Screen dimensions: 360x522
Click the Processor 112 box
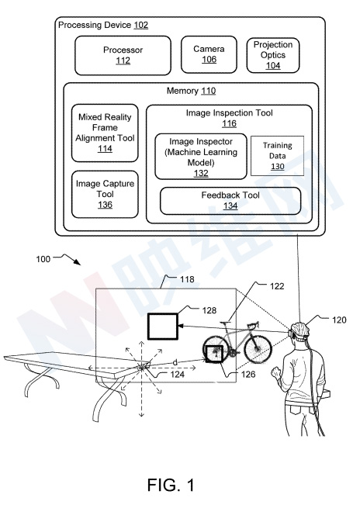(123, 56)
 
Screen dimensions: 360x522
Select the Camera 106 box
(209, 54)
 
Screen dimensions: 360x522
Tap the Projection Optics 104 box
(273, 55)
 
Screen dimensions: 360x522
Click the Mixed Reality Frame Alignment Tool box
(105, 133)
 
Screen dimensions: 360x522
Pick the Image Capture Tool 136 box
(105, 195)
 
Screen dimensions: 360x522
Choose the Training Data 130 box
(277, 155)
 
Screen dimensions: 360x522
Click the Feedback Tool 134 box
(230, 201)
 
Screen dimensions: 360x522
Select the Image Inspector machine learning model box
(201, 157)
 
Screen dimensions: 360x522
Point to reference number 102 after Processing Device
(141, 25)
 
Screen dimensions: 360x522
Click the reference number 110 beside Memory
(209, 91)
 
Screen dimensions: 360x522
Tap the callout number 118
(187, 279)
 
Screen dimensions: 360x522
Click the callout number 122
(277, 286)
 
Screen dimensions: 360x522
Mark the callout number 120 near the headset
(339, 320)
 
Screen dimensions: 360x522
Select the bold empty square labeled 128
(163, 326)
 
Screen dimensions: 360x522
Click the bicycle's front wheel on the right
(258, 348)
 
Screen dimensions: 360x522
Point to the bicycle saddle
(226, 322)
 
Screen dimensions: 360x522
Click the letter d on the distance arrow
(175, 362)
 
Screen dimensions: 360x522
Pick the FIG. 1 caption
(171, 485)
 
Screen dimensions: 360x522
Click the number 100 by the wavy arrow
(43, 259)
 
